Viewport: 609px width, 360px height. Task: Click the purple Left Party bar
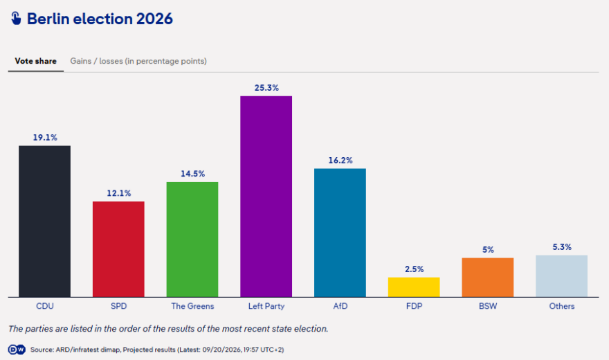[x=266, y=197]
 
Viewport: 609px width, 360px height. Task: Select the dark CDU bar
[x=45, y=222]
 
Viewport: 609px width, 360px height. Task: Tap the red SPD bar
[x=118, y=249]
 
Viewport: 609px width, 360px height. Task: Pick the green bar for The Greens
[x=192, y=240]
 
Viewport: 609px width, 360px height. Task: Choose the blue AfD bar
[x=340, y=233]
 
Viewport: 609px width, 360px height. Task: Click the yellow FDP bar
[x=414, y=287]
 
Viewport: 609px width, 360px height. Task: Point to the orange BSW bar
[x=487, y=278]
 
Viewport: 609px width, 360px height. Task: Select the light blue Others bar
[x=562, y=276]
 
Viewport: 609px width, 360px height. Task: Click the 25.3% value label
[x=266, y=88]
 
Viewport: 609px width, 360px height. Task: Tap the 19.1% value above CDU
[x=45, y=138]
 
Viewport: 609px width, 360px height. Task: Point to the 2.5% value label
[x=414, y=269]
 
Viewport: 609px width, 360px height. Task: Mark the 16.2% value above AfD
[x=340, y=161]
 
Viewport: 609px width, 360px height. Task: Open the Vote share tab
[x=36, y=61]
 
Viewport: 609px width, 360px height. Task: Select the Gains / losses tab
[x=138, y=61]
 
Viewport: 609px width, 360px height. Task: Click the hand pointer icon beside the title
[x=16, y=18]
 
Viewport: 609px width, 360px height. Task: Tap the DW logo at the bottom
[x=17, y=350]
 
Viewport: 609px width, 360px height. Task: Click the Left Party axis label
[x=266, y=306]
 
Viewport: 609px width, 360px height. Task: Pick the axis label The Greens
[x=192, y=306]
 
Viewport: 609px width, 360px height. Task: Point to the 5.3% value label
[x=562, y=247]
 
